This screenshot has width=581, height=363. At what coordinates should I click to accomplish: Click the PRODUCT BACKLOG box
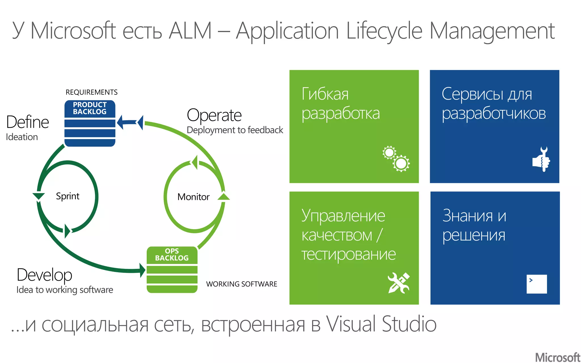click(90, 123)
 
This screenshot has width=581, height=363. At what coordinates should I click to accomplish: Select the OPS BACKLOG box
click(172, 269)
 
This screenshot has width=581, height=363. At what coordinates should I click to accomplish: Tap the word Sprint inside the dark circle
click(68, 196)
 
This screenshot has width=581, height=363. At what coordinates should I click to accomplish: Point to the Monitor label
click(193, 197)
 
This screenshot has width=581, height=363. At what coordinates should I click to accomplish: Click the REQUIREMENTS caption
click(91, 92)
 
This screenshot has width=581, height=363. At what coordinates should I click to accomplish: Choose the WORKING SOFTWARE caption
click(241, 284)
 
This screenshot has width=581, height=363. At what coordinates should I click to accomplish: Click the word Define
click(28, 122)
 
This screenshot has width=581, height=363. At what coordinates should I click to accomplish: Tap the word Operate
click(214, 115)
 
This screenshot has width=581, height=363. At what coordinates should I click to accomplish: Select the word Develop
click(45, 275)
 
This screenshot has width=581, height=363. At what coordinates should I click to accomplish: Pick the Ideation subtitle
click(22, 137)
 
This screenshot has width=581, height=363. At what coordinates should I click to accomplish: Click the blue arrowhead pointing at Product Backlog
click(121, 122)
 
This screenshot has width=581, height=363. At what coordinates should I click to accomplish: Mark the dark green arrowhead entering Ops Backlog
click(142, 270)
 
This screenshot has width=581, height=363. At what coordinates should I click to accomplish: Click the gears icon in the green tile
click(396, 159)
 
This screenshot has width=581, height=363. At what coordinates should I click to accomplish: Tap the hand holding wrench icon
click(541, 159)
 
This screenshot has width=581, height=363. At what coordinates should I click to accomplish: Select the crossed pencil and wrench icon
click(399, 283)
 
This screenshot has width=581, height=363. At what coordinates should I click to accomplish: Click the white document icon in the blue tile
click(536, 284)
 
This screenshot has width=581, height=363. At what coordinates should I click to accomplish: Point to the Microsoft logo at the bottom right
click(557, 357)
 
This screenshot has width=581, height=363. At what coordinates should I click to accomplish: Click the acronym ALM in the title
click(190, 31)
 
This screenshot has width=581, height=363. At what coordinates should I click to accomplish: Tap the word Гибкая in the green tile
click(325, 94)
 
